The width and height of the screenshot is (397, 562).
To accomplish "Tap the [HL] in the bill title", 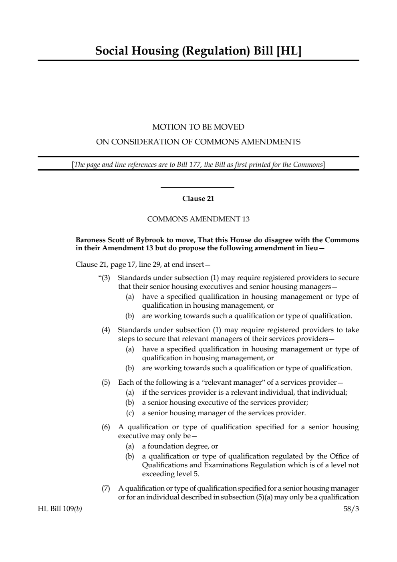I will (289, 51).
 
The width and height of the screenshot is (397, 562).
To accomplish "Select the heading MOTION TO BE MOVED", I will (198, 127).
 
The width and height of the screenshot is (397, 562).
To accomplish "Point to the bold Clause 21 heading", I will (198, 199).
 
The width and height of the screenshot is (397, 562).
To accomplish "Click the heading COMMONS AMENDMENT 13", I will (198, 219).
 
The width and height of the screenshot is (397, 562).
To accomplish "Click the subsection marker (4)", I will (106, 330).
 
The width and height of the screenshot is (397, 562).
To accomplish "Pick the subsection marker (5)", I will (106, 382).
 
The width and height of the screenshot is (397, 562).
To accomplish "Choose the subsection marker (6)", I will (106, 427).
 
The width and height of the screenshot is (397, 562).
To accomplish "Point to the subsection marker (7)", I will (106, 488).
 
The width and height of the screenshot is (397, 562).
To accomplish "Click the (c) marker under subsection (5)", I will (130, 413).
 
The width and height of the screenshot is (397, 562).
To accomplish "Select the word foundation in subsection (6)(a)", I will (166, 446).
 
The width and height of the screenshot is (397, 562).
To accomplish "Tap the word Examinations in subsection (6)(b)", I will (226, 465).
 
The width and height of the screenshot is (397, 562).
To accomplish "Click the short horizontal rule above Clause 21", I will (197, 187).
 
